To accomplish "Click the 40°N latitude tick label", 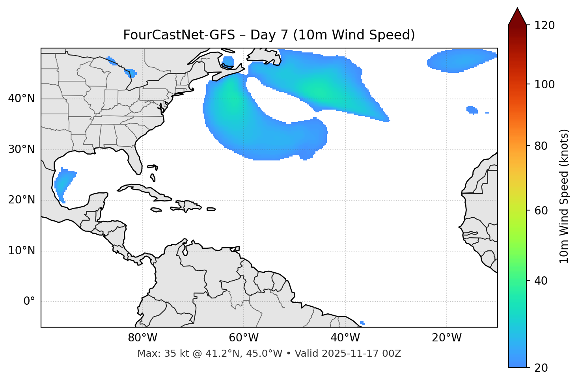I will (x=21, y=98).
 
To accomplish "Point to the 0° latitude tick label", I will (x=29, y=302).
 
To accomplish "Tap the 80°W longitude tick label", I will (x=142, y=338).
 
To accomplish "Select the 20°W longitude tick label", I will (x=446, y=338).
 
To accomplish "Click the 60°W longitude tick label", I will (x=243, y=338).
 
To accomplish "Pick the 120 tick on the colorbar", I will (x=544, y=26).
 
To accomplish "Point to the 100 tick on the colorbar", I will (x=544, y=84).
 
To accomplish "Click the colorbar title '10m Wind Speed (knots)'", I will (x=564, y=196).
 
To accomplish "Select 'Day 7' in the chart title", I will (x=269, y=35).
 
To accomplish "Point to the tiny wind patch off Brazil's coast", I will (x=362, y=323).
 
